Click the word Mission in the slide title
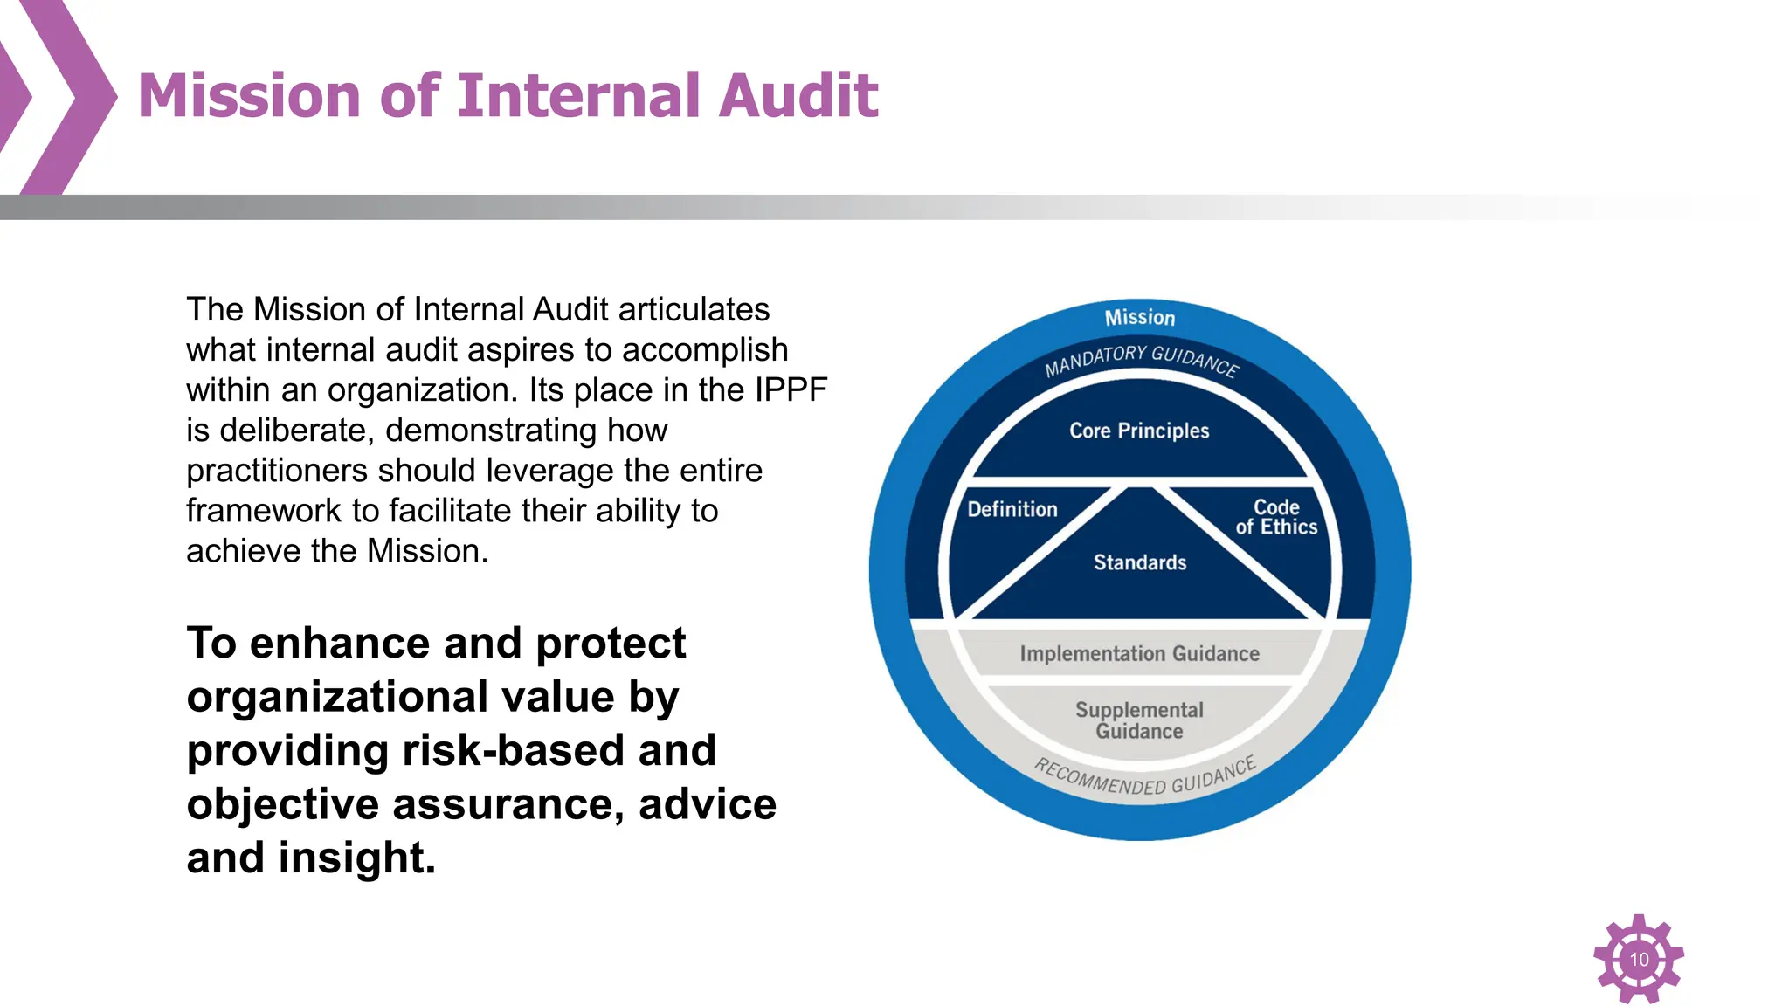248,95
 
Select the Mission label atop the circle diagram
1139,318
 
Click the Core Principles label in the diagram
1139,431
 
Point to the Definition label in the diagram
1012,509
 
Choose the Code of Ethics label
1275,517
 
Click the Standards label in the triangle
1139,562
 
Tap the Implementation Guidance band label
1139,654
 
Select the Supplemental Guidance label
1139,720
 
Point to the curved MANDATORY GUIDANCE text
1141,358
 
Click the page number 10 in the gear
1639,960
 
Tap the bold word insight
356,858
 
